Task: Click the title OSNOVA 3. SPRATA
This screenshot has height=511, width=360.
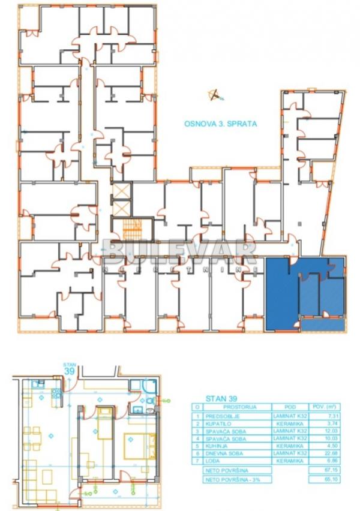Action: (x=220, y=124)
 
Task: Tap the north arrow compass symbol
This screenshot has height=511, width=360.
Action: (x=214, y=95)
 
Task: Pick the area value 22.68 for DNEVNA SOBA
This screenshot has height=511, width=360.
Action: (x=324, y=453)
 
